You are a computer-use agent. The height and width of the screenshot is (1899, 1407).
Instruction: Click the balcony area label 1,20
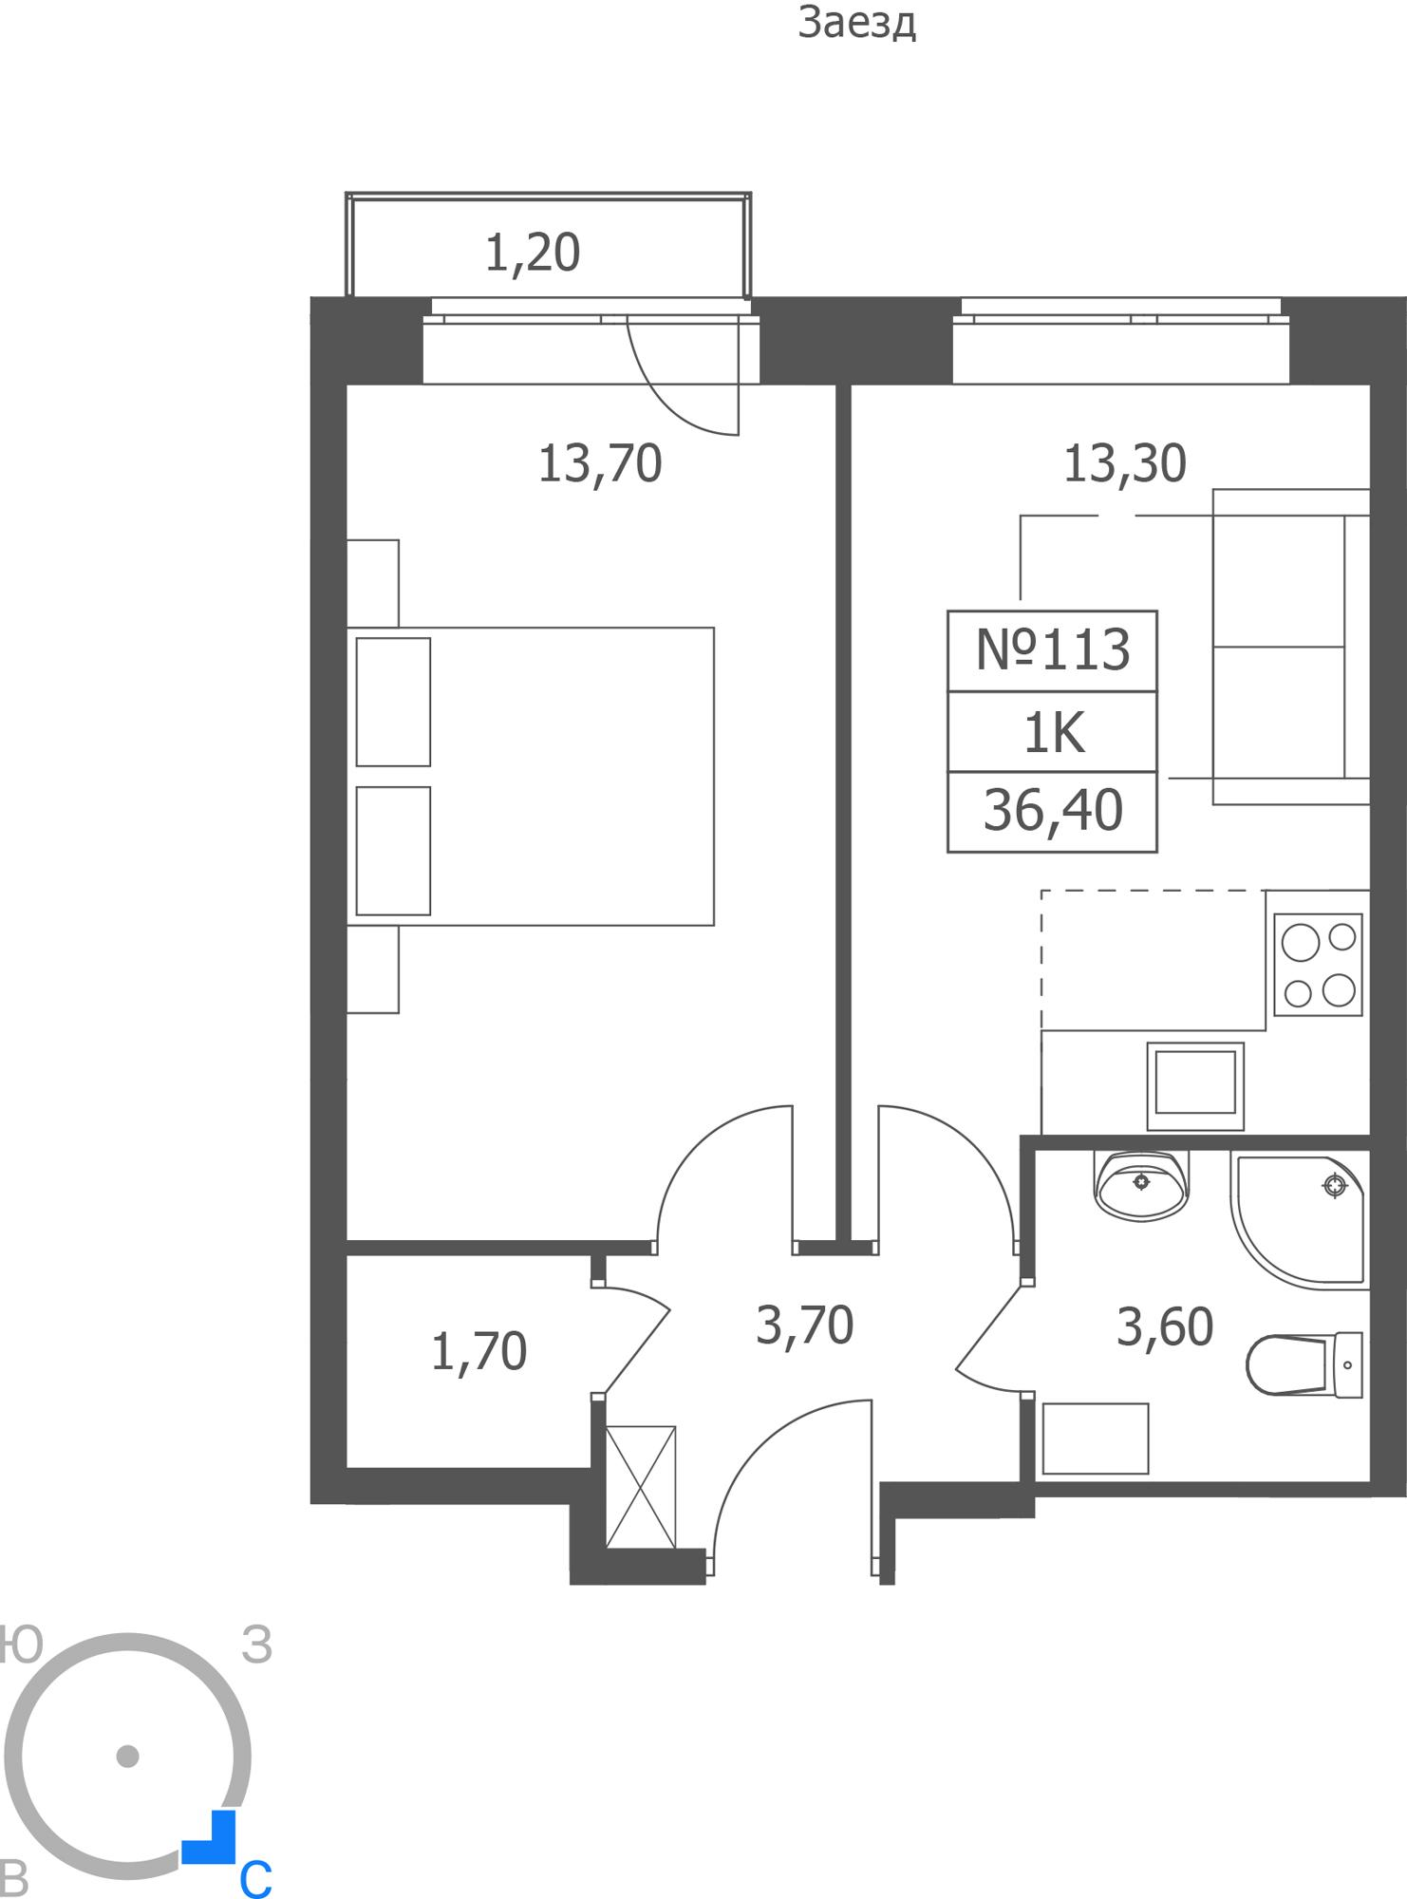pos(533,254)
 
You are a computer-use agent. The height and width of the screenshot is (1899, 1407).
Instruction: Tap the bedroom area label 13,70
pos(600,464)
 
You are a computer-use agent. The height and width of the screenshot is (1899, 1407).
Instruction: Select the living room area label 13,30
pos(1125,464)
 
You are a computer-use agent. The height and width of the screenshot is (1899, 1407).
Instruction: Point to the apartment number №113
pos(1053,650)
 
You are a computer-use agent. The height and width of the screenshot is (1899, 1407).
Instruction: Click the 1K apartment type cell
pos(1053,733)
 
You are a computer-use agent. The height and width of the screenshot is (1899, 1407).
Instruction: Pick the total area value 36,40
pos(1053,812)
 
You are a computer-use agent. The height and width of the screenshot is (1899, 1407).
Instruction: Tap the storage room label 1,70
pos(478,1352)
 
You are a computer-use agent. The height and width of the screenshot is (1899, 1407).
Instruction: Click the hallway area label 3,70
pos(805,1326)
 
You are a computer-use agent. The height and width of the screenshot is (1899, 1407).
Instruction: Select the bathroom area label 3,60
pos(1165,1327)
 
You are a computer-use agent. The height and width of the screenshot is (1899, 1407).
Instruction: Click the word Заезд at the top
pos(857,24)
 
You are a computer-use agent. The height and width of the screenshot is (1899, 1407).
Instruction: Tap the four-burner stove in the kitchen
pos(1318,965)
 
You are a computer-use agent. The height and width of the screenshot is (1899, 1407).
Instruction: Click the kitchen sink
pos(1195,1086)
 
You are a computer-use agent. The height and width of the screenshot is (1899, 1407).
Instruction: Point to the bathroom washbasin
pos(1141,1186)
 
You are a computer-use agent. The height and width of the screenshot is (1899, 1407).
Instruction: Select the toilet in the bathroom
pos(1304,1364)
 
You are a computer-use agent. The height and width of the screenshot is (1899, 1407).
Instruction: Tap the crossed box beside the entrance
pos(641,1487)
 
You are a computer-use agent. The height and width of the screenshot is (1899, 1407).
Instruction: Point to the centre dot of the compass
pos(127,1756)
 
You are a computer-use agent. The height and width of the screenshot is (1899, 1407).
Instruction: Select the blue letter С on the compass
pos(255,1878)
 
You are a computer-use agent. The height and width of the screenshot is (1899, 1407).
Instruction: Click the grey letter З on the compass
pos(257,1645)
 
